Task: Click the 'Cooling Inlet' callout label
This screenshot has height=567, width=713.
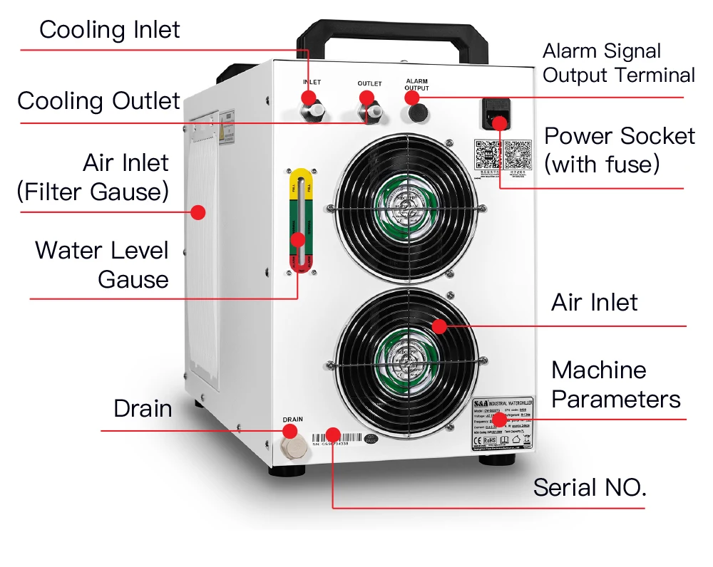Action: click(x=110, y=30)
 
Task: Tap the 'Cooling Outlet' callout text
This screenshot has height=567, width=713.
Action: click(x=98, y=100)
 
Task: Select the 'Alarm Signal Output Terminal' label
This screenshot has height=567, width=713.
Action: click(x=618, y=63)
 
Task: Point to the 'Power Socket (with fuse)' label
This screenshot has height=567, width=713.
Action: click(x=619, y=150)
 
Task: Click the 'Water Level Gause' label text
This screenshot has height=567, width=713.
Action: click(x=102, y=264)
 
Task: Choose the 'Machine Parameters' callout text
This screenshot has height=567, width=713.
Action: click(x=615, y=385)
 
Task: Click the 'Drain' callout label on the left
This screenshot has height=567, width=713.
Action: click(x=143, y=409)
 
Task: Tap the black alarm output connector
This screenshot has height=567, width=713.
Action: click(x=416, y=112)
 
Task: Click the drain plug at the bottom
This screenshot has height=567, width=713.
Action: click(x=292, y=449)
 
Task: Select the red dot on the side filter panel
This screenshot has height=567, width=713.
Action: click(x=199, y=212)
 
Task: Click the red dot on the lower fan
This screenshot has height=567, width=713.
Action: click(x=438, y=326)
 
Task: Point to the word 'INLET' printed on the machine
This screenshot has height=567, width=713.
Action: click(x=312, y=83)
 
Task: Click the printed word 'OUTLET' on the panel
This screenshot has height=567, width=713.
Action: click(x=369, y=84)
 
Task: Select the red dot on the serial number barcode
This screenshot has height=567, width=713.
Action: click(x=332, y=433)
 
